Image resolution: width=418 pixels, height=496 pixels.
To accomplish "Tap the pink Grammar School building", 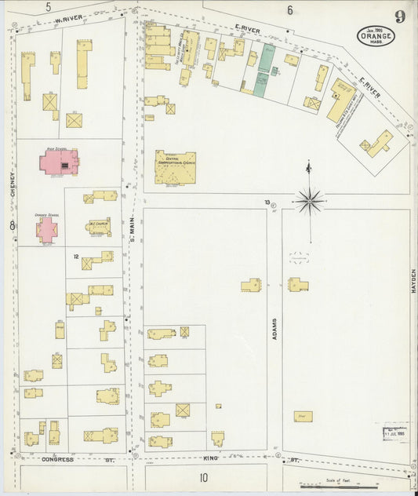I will tap(46, 229).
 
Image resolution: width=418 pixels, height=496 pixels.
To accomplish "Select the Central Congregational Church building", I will tap(175, 166).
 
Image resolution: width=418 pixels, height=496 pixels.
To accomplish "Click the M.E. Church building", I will tap(99, 226).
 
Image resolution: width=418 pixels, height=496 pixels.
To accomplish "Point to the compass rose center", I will tap(310, 201).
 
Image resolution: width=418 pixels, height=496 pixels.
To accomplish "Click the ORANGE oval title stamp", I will tap(376, 35).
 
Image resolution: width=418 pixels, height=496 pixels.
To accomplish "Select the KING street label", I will tap(209, 458).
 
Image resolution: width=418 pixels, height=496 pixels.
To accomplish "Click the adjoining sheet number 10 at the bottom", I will tap(203, 477).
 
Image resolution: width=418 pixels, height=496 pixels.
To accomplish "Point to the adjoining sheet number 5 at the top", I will tap(48, 7).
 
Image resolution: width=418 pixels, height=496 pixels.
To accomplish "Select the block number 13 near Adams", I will tap(267, 202).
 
